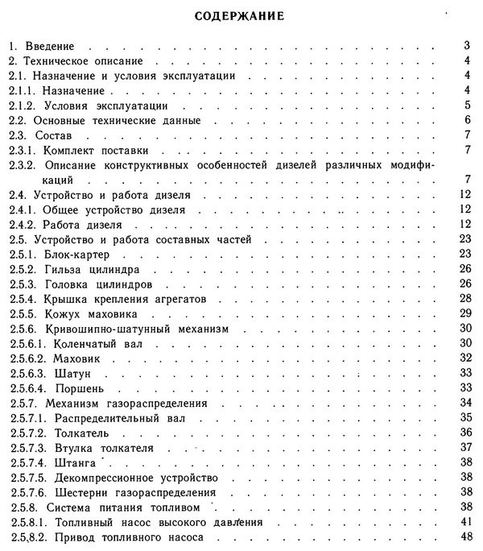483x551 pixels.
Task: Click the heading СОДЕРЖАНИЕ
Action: click(x=242, y=15)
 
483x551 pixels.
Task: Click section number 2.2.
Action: click(x=19, y=119)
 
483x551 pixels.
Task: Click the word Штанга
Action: click(x=74, y=462)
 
